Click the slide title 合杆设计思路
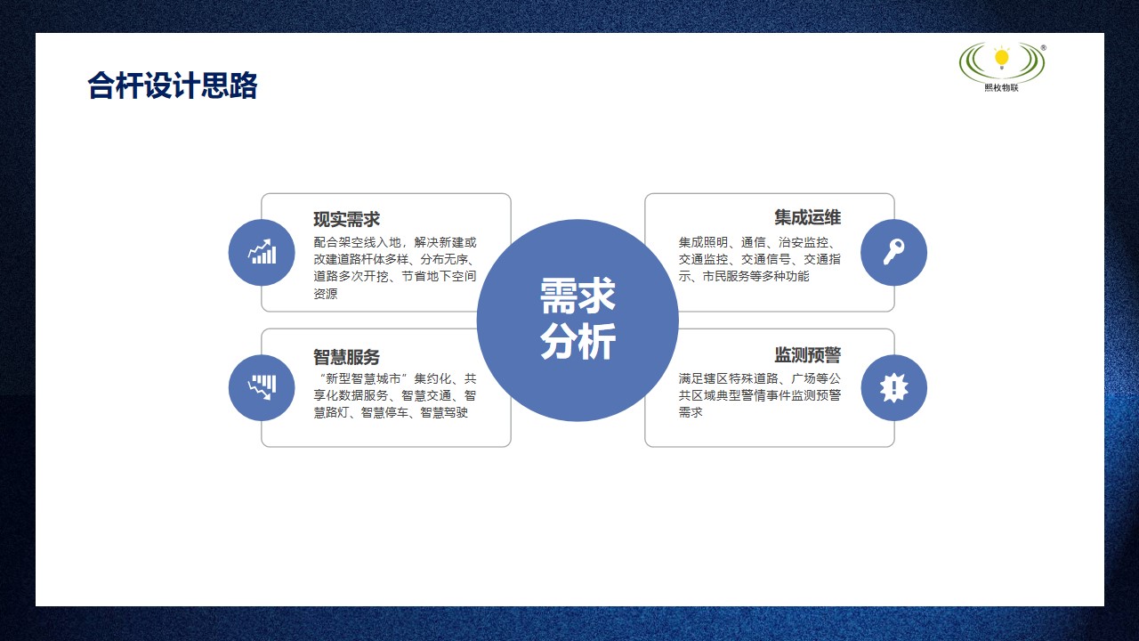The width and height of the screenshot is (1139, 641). coord(172,86)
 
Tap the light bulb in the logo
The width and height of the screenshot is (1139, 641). coord(1002,58)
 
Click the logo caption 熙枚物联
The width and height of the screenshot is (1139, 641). coord(1002,86)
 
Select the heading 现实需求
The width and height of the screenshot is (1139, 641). coord(346,219)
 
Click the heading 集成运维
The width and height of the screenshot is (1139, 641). coord(807,217)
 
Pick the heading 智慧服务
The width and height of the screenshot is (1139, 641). coord(346,357)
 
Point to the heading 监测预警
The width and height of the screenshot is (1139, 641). coord(807,355)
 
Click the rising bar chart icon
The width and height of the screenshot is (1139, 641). coord(262,252)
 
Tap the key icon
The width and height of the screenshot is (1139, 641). coord(893,252)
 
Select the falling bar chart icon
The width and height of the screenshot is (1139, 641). coord(262,387)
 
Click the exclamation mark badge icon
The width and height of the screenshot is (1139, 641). coord(893,387)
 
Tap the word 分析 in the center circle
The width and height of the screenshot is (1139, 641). coord(578,343)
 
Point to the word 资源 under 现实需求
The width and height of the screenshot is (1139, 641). coord(326,294)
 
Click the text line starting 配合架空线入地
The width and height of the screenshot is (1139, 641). coord(395,242)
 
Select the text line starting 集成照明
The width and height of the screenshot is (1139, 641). coord(758,242)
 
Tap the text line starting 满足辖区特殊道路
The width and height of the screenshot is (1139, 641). coord(758,378)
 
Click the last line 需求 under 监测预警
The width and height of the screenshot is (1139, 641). coord(691,412)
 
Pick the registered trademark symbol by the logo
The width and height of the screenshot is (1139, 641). coord(1043,48)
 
